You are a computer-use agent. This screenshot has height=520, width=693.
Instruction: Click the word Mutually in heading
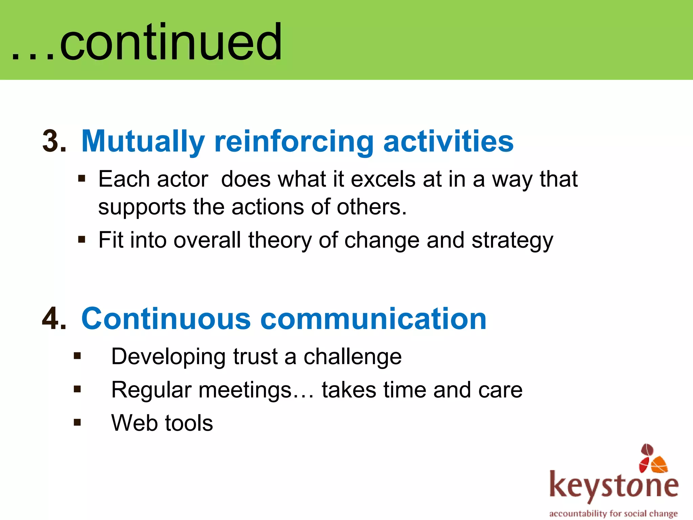coord(143,142)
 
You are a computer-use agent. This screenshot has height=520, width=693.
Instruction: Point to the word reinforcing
coord(294,142)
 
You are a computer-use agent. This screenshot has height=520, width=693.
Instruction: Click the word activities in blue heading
coord(448,141)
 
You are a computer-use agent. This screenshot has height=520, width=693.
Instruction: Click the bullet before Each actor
coord(82,178)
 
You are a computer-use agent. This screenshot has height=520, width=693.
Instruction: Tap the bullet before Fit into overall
coord(82,240)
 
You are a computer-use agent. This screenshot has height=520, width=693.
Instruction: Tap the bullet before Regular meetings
coord(77,389)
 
